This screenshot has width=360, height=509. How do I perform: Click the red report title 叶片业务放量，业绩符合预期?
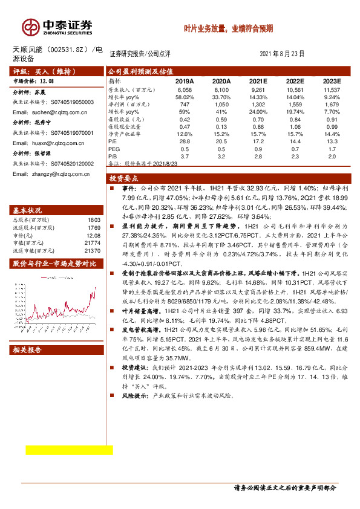pos(229,28)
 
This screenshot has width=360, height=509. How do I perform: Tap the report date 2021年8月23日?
pos(282,53)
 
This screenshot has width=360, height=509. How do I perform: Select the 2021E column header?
pos(258,80)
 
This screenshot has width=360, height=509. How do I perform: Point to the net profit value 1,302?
pos(258,104)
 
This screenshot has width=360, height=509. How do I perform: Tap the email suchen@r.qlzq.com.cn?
pos(51,112)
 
